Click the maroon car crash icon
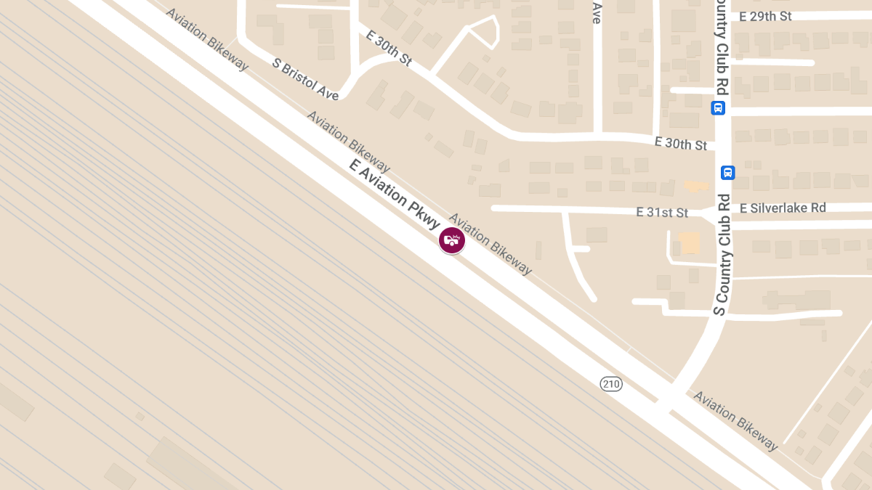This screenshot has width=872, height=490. (x=451, y=240)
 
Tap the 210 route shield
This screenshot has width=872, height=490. (x=611, y=383)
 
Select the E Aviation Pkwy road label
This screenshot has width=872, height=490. (x=395, y=195)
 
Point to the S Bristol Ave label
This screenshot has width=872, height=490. (x=305, y=78)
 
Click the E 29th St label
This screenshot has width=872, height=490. (x=765, y=16)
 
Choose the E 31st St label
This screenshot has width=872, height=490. (x=661, y=213)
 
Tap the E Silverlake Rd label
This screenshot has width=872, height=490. (x=783, y=208)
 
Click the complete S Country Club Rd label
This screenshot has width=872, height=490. (x=722, y=254)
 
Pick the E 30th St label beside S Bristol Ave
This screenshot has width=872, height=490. (x=389, y=49)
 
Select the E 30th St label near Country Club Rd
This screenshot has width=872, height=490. (x=680, y=144)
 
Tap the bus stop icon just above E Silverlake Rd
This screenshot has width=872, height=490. (x=727, y=173)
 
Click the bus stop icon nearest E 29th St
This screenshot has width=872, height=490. (x=717, y=108)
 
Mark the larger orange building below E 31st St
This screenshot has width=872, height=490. (x=689, y=242)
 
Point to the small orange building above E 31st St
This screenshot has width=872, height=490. (x=696, y=187)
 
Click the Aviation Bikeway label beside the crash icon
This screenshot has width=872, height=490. (x=490, y=244)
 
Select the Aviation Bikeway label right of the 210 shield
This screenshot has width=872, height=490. (x=735, y=420)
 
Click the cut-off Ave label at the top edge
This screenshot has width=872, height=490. (x=597, y=12)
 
